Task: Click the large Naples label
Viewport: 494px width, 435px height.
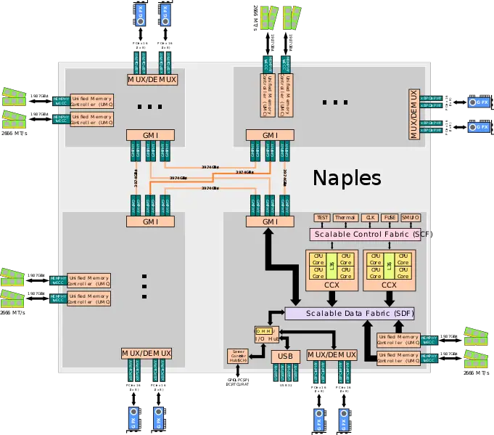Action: coord(347,179)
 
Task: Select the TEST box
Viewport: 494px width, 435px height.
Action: coord(322,217)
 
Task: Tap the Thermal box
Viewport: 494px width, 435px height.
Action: coord(345,217)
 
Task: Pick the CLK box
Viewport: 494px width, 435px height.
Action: coord(371,217)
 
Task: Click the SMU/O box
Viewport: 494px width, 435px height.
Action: coord(411,217)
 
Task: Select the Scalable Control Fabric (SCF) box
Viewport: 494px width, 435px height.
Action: coord(370,235)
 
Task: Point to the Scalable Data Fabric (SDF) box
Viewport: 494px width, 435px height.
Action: coord(350,313)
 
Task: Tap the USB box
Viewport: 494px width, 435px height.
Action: coord(285,356)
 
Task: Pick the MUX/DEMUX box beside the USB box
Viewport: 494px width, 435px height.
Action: coord(332,354)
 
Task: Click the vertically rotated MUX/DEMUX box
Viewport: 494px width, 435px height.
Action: coord(414,114)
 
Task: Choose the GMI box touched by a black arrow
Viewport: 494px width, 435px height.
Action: coord(270,221)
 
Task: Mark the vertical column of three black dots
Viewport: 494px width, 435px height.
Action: coord(144,286)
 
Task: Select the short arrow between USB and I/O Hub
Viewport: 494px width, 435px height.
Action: coord(276,343)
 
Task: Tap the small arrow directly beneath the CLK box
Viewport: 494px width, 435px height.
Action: coord(371,225)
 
